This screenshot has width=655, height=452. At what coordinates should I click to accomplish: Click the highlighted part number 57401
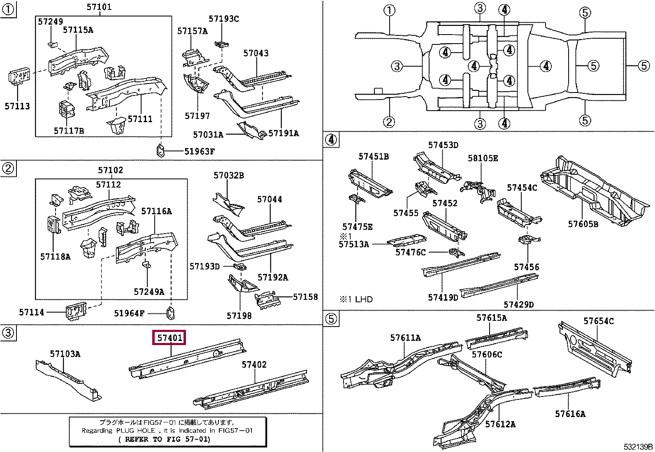pyautogui.click(x=170, y=338)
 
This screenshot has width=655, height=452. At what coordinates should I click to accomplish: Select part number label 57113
pyautogui.click(x=17, y=106)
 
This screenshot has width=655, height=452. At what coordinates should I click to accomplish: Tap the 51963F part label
pyautogui.click(x=200, y=151)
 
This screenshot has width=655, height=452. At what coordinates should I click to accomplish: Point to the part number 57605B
pyautogui.click(x=583, y=224)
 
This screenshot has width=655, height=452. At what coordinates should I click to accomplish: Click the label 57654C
pyautogui.click(x=599, y=321)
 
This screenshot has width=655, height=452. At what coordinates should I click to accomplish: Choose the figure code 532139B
pyautogui.click(x=638, y=447)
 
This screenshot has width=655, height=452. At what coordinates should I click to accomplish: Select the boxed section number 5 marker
pyautogui.click(x=331, y=318)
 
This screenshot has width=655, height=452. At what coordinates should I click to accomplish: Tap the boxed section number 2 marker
pyautogui.click(x=8, y=168)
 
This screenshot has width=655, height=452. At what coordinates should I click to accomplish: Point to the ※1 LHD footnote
pyautogui.click(x=356, y=299)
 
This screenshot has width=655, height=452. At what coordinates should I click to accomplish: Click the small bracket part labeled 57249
pyautogui.click(x=52, y=44)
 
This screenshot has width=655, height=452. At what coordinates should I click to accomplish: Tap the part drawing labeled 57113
pyautogui.click(x=19, y=77)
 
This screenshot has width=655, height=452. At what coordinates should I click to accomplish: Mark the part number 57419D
pyautogui.click(x=443, y=298)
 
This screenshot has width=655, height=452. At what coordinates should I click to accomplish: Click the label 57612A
pyautogui.click(x=500, y=424)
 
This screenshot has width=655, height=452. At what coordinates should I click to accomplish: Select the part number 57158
pyautogui.click(x=305, y=297)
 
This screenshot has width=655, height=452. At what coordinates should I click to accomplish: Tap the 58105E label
pyautogui.click(x=483, y=158)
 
